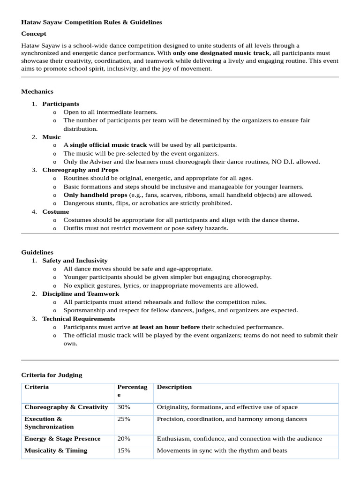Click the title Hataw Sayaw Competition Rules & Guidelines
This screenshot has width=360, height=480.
[x=91, y=22]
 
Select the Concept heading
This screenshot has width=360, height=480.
[x=34, y=34]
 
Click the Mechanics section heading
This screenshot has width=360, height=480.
[x=37, y=91]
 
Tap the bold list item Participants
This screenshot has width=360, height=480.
[x=60, y=104]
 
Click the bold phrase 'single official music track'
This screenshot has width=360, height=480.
[x=108, y=145]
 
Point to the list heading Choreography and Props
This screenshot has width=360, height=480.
[x=80, y=170]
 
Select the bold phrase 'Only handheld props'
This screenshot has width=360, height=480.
[x=95, y=195]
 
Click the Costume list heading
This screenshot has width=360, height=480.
[x=55, y=211]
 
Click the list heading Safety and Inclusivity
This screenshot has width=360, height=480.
[x=75, y=260]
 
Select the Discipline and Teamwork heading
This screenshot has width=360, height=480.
[x=81, y=293]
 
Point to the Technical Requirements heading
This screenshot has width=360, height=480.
[x=78, y=319]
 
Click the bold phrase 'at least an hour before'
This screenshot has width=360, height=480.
[x=166, y=327]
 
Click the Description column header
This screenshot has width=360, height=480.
[x=174, y=387]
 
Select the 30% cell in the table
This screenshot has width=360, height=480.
[x=124, y=407]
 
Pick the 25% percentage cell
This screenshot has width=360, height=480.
[x=124, y=419]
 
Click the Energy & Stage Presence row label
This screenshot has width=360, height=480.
[x=62, y=439]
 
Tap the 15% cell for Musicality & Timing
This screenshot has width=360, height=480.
[x=124, y=450]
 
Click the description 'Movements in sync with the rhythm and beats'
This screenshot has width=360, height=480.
[x=222, y=450]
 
